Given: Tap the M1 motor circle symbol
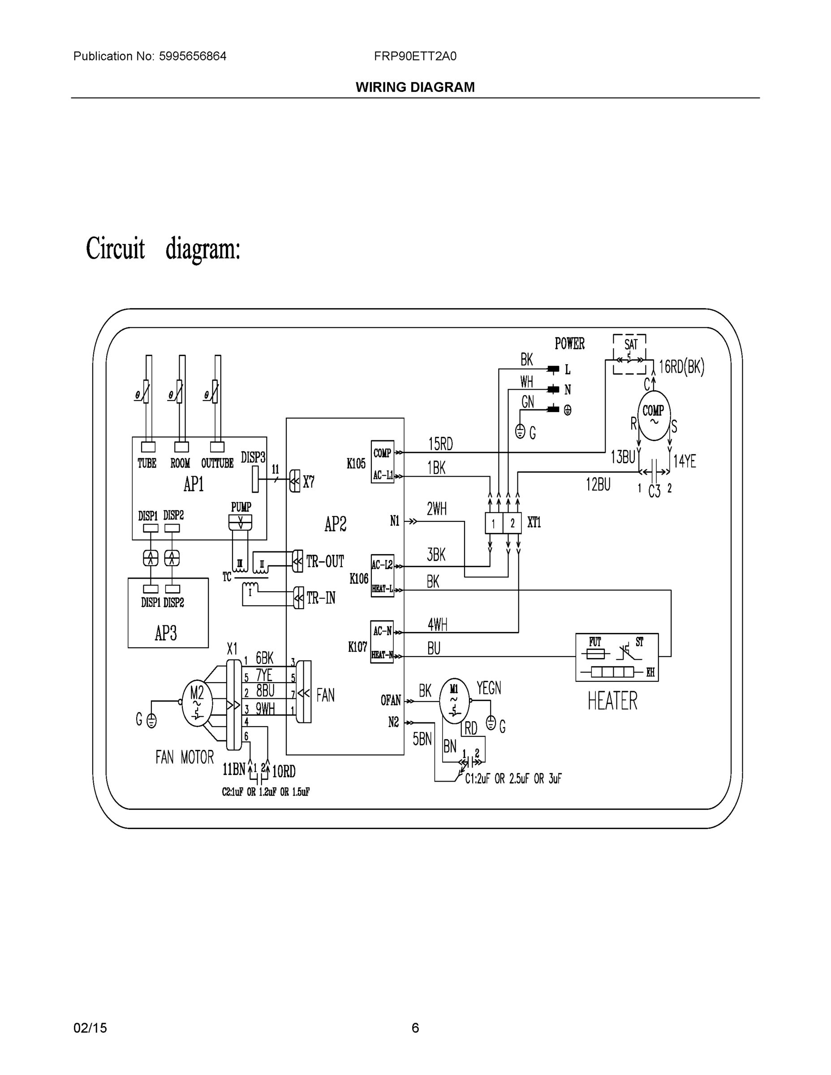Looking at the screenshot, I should (454, 701).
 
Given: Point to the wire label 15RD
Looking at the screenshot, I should (441, 444).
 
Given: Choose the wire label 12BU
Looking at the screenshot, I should (598, 485).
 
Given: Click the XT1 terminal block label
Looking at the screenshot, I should (534, 522).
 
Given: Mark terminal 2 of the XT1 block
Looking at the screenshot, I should (512, 523).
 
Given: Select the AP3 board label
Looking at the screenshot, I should (166, 633).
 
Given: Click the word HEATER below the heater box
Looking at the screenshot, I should (612, 701).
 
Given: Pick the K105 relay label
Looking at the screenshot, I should (357, 464).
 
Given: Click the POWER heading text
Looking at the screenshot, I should (569, 344).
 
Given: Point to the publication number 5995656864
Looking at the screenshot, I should (193, 56).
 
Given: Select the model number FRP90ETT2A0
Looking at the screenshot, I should (415, 56).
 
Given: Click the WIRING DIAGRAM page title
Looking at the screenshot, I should (415, 87).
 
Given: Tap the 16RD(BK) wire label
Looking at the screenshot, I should (681, 367).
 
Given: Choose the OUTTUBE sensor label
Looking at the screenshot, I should (217, 463).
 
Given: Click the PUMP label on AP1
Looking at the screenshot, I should (241, 507).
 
